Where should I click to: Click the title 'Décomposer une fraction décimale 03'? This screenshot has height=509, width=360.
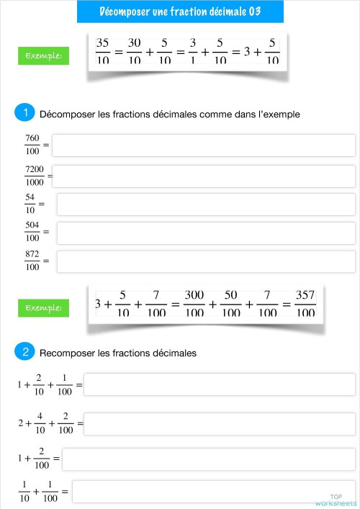[x=179, y=12]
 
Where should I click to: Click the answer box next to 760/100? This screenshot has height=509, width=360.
[x=204, y=145]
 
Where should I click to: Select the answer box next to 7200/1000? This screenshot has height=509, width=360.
[x=204, y=175]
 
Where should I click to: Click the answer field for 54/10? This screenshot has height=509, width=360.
[x=206, y=204]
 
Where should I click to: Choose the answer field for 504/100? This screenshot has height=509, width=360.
[x=206, y=233]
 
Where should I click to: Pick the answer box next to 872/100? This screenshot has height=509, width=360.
[x=206, y=261]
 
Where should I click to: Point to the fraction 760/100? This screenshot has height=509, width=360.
[x=32, y=145]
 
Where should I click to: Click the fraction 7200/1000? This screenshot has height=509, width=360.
[x=35, y=175]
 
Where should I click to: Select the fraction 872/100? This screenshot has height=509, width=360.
[x=32, y=261]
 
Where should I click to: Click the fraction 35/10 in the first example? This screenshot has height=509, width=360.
[x=102, y=50]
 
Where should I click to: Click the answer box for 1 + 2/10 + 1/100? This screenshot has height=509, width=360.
[x=220, y=384]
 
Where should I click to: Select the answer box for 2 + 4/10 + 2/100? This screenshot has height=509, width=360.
[x=220, y=423]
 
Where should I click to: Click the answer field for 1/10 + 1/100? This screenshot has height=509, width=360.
[x=214, y=492]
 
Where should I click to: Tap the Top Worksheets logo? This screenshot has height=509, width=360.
[x=336, y=500]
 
